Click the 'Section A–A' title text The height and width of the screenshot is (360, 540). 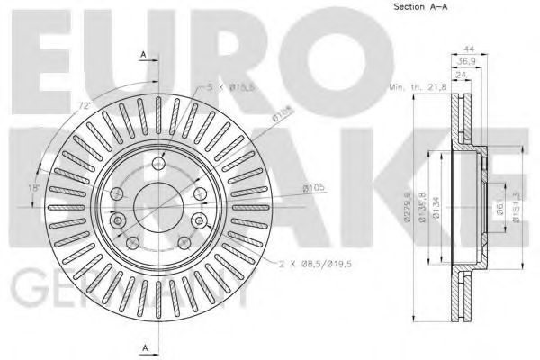(x=420, y=8)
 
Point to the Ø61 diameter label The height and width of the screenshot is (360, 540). (x=500, y=210)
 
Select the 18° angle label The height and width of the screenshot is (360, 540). (x=34, y=188)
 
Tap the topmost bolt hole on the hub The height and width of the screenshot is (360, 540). (x=159, y=163)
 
